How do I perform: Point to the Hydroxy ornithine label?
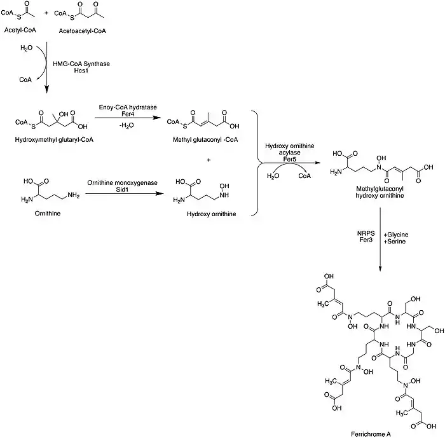point(210,214)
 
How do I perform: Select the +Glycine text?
point(397,235)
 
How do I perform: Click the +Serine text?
point(395,242)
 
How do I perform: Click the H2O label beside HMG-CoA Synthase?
point(27,48)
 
